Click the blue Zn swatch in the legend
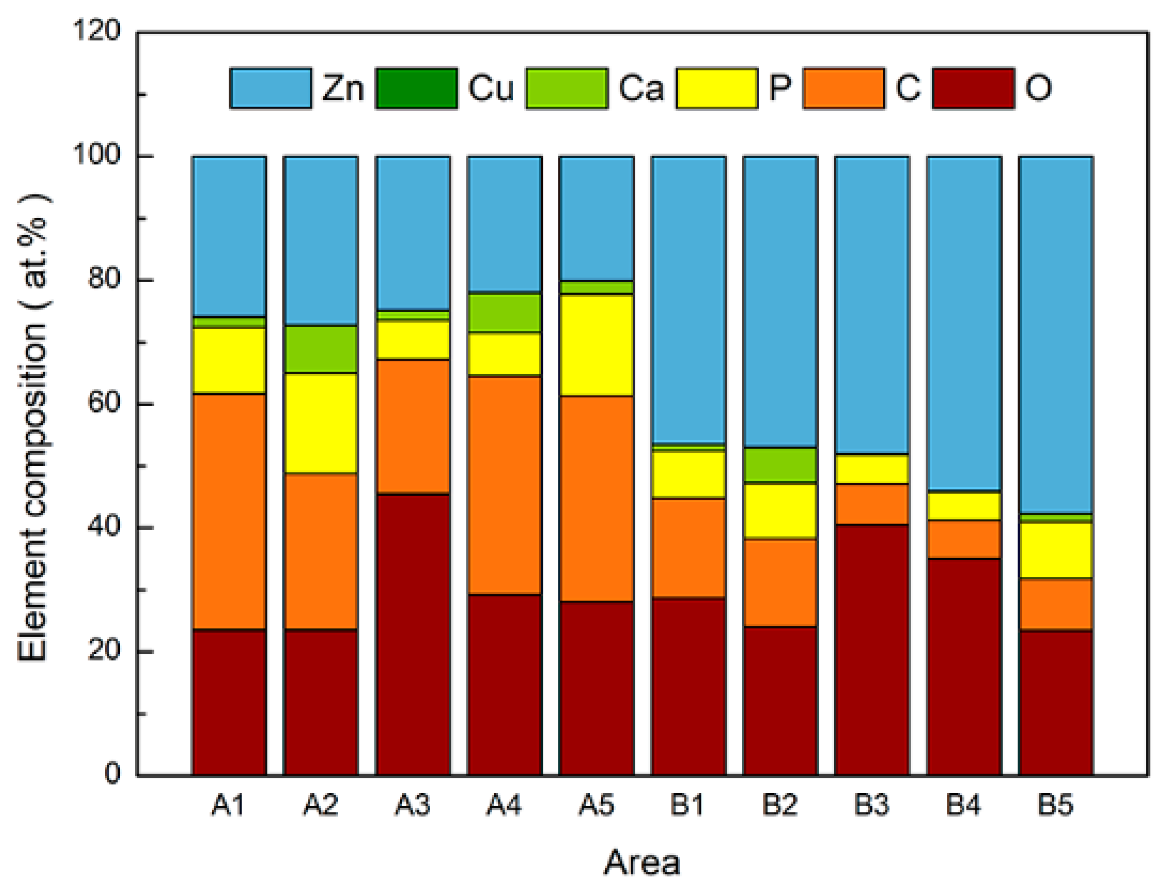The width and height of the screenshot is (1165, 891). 271,88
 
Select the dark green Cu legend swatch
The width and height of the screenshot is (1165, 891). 416,88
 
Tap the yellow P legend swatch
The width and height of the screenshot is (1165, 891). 716,88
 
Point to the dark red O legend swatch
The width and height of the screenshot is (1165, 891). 973,88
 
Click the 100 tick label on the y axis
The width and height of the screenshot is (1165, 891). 97,155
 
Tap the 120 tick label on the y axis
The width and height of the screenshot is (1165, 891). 97,31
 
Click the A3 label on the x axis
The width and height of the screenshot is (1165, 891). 412,805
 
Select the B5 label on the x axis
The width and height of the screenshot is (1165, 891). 1055,805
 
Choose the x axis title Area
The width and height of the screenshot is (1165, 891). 641,863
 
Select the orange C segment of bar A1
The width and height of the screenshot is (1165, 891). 229,511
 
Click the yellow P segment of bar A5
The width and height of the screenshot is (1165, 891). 596,345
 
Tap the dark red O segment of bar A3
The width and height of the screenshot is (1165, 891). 412,634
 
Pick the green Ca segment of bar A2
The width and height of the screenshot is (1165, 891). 320,349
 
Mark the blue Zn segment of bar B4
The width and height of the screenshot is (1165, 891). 963,324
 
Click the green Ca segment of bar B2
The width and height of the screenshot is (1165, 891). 780,464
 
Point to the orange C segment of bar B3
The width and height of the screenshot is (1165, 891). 871,504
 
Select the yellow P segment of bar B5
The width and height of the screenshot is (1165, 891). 1055,550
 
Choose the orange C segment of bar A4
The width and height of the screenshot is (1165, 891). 504,485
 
